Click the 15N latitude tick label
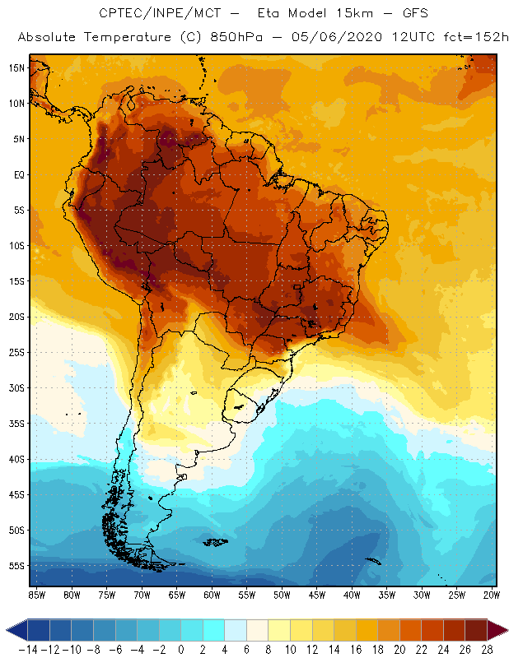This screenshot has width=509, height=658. point(16,67)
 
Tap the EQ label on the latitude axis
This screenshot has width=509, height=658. point(17,174)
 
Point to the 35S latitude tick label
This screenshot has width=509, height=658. point(16,423)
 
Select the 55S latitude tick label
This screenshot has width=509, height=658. point(16,565)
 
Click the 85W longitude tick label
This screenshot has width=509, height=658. point(37,594)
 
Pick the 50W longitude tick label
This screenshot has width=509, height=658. point(283,594)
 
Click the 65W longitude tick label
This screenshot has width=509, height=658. point(177,594)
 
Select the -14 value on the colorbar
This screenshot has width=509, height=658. point(28,649)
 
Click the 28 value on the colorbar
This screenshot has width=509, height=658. point(487,649)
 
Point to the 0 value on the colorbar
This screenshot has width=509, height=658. point(181,649)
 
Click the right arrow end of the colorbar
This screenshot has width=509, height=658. point(498,630)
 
